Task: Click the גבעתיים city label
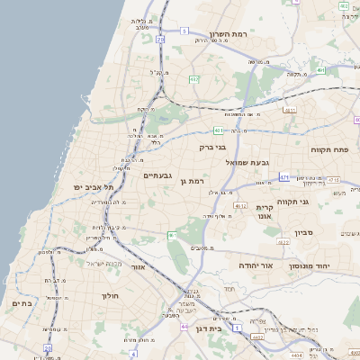157,175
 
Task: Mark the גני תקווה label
317,202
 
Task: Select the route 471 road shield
283,177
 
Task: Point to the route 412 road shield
240,206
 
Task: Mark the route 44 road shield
184,326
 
